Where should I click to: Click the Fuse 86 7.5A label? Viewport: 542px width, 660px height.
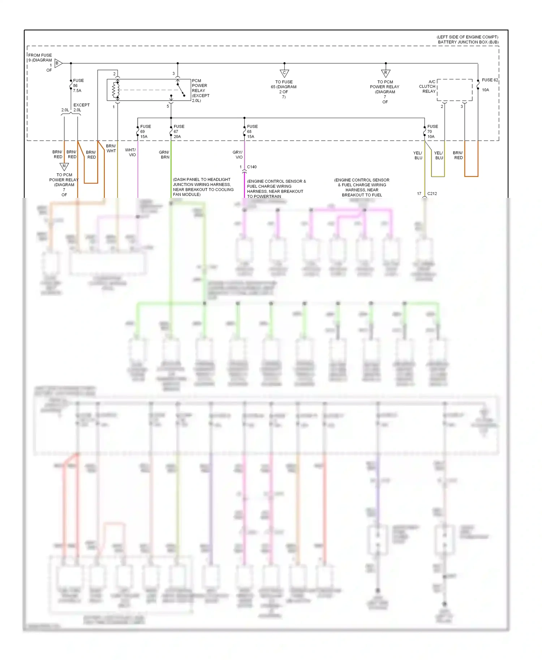[78, 86]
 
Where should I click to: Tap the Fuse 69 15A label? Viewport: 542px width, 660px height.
[145, 131]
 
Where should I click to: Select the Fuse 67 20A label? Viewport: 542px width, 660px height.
[179, 131]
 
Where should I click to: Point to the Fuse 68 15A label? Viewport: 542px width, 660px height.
[252, 131]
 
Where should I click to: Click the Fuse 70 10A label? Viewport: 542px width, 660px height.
[432, 131]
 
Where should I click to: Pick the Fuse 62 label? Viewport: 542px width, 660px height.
[490, 80]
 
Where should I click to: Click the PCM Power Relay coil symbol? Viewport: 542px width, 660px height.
[116, 90]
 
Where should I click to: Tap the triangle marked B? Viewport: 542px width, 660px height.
[58, 63]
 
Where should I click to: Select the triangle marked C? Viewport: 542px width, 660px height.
[284, 73]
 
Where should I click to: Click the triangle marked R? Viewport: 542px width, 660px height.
[386, 73]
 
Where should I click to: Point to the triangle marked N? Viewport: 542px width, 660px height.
[64, 166]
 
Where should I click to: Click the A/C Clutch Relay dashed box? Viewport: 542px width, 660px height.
[455, 90]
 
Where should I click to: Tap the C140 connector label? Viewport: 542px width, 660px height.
[252, 167]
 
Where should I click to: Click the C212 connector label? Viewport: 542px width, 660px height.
[432, 194]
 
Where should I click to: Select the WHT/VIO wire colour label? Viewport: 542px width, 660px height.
[130, 152]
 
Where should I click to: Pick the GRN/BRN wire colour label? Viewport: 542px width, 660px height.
[164, 155]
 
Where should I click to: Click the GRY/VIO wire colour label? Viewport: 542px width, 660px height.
[237, 155]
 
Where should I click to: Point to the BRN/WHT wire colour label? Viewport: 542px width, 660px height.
[111, 148]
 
